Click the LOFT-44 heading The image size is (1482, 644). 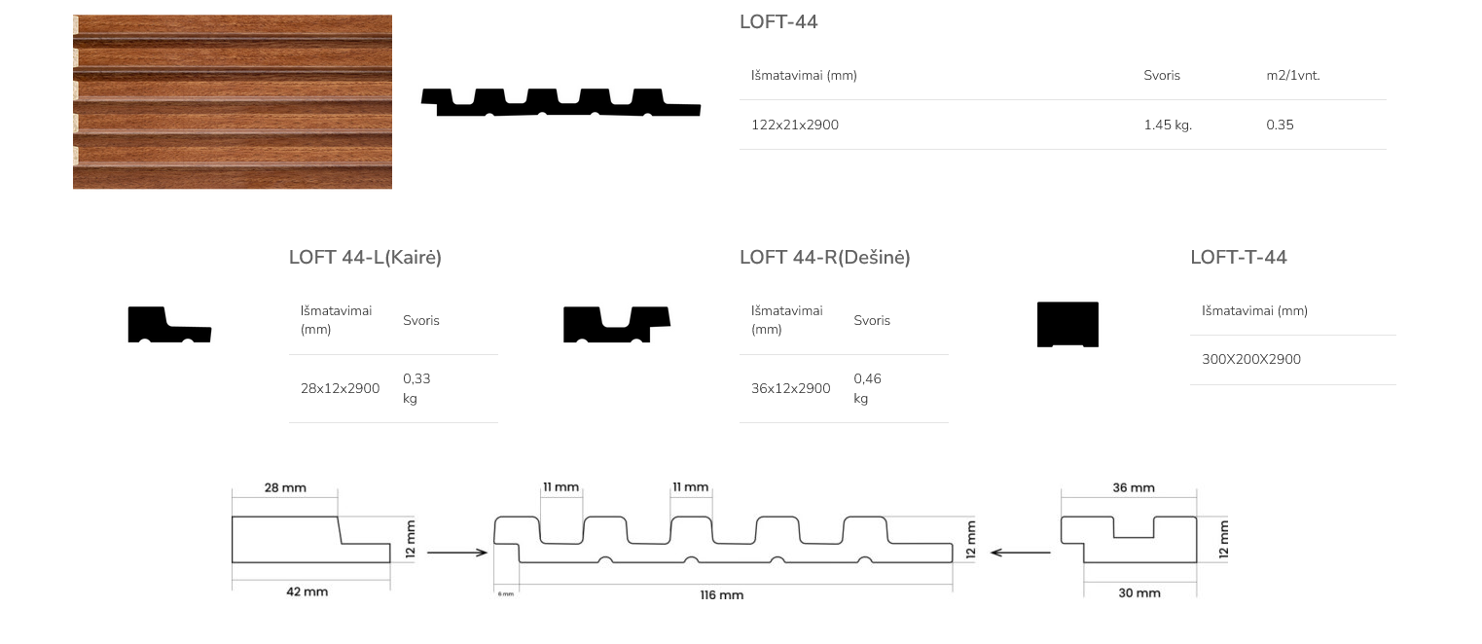(778, 21)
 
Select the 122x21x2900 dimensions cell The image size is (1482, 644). (795, 125)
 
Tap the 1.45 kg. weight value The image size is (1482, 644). (1168, 125)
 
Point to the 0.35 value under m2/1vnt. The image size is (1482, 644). (1280, 125)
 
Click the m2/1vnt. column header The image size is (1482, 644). (1293, 75)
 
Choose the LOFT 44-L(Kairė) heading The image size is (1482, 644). (365, 257)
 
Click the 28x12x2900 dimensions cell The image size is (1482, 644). (340, 388)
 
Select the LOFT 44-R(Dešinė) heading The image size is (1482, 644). (825, 257)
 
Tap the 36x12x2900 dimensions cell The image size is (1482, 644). (790, 388)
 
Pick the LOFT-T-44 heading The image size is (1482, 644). (1239, 257)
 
